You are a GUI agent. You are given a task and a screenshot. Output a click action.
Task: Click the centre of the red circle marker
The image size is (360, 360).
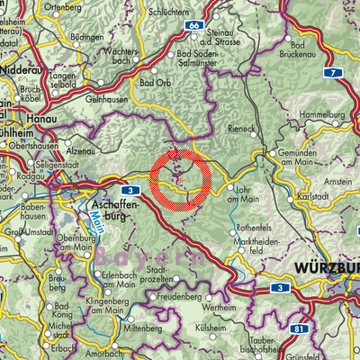tap(181, 180)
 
